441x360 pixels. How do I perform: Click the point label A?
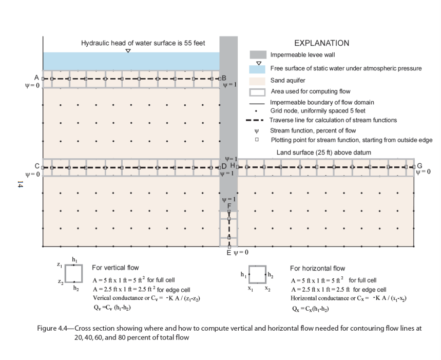[x=36, y=77]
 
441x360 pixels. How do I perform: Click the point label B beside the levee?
[x=224, y=77]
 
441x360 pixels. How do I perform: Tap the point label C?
[x=37, y=166]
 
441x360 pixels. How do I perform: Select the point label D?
[x=224, y=166]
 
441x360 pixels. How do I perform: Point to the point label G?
[x=419, y=166]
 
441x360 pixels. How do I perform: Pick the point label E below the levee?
[x=228, y=253]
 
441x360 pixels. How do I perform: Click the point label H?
[x=233, y=166]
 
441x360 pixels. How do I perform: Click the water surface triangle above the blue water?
[x=128, y=51]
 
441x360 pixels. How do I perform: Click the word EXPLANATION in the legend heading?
[x=321, y=43]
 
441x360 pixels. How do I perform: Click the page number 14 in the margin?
[x=21, y=184]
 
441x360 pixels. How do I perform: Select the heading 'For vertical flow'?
[x=114, y=268]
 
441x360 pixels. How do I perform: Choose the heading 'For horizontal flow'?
[x=317, y=268]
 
